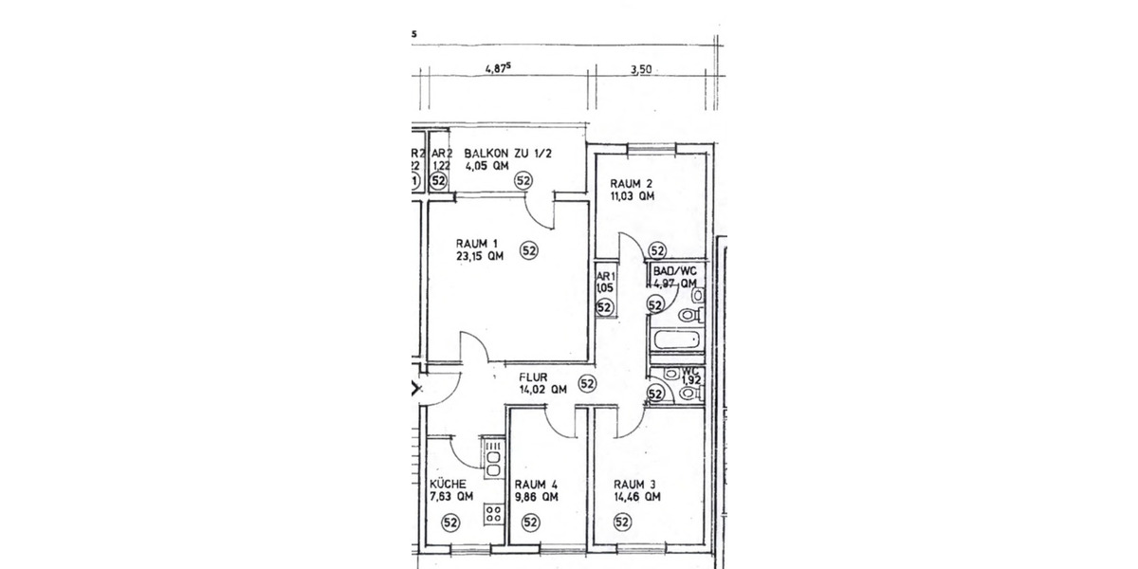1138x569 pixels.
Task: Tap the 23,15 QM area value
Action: [480, 255]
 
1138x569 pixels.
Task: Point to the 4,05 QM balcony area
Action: [486, 165]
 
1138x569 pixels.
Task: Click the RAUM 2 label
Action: [632, 184]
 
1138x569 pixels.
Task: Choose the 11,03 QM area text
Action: [632, 197]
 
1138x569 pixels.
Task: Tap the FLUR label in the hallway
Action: [534, 376]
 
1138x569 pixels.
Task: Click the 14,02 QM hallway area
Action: [542, 389]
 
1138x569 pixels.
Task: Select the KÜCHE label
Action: [448, 483]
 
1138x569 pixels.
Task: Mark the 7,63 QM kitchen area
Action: [450, 496]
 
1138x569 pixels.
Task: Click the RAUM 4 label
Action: [534, 483]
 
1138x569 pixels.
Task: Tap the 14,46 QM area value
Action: [637, 496]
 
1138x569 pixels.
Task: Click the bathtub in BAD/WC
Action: [676, 339]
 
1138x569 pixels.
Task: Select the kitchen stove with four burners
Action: [493, 515]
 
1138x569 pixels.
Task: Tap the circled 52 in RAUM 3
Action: [623, 522]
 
